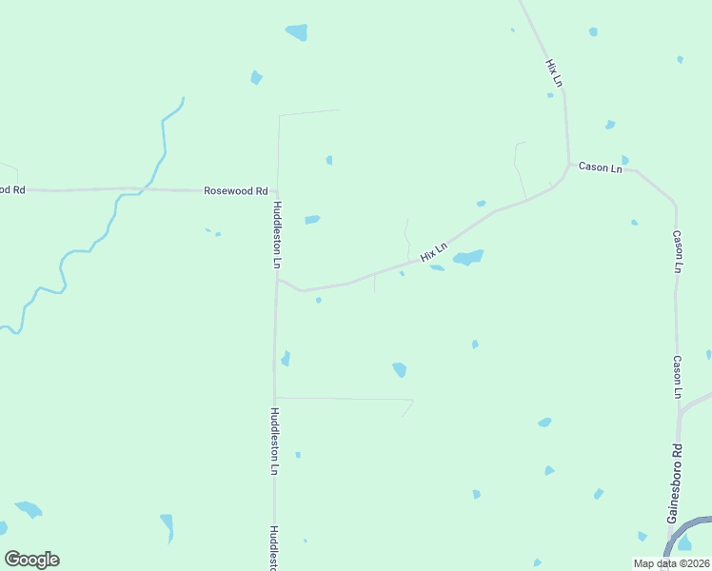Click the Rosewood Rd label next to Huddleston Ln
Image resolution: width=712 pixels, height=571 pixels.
click(236, 190)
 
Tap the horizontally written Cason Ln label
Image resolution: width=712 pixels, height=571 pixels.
click(601, 168)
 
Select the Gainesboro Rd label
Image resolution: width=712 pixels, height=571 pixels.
click(673, 482)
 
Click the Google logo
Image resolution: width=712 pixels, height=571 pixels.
click(31, 560)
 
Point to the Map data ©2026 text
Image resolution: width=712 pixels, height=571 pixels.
click(672, 563)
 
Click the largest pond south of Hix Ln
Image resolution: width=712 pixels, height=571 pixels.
click(467, 258)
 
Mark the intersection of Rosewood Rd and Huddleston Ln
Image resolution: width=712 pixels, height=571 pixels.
click(278, 191)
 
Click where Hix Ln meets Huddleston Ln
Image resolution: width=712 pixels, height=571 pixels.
click(277, 279)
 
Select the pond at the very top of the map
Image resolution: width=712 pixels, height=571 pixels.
click(296, 32)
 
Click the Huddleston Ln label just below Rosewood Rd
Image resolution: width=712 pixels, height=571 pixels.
click(278, 234)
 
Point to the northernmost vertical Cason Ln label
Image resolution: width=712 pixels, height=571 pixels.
click(677, 251)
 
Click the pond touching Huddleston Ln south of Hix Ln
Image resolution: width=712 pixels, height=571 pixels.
click(285, 359)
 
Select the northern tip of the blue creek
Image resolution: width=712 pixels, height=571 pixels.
click(183, 98)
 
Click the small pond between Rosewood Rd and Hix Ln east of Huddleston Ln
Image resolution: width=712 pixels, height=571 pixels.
click(312, 220)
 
